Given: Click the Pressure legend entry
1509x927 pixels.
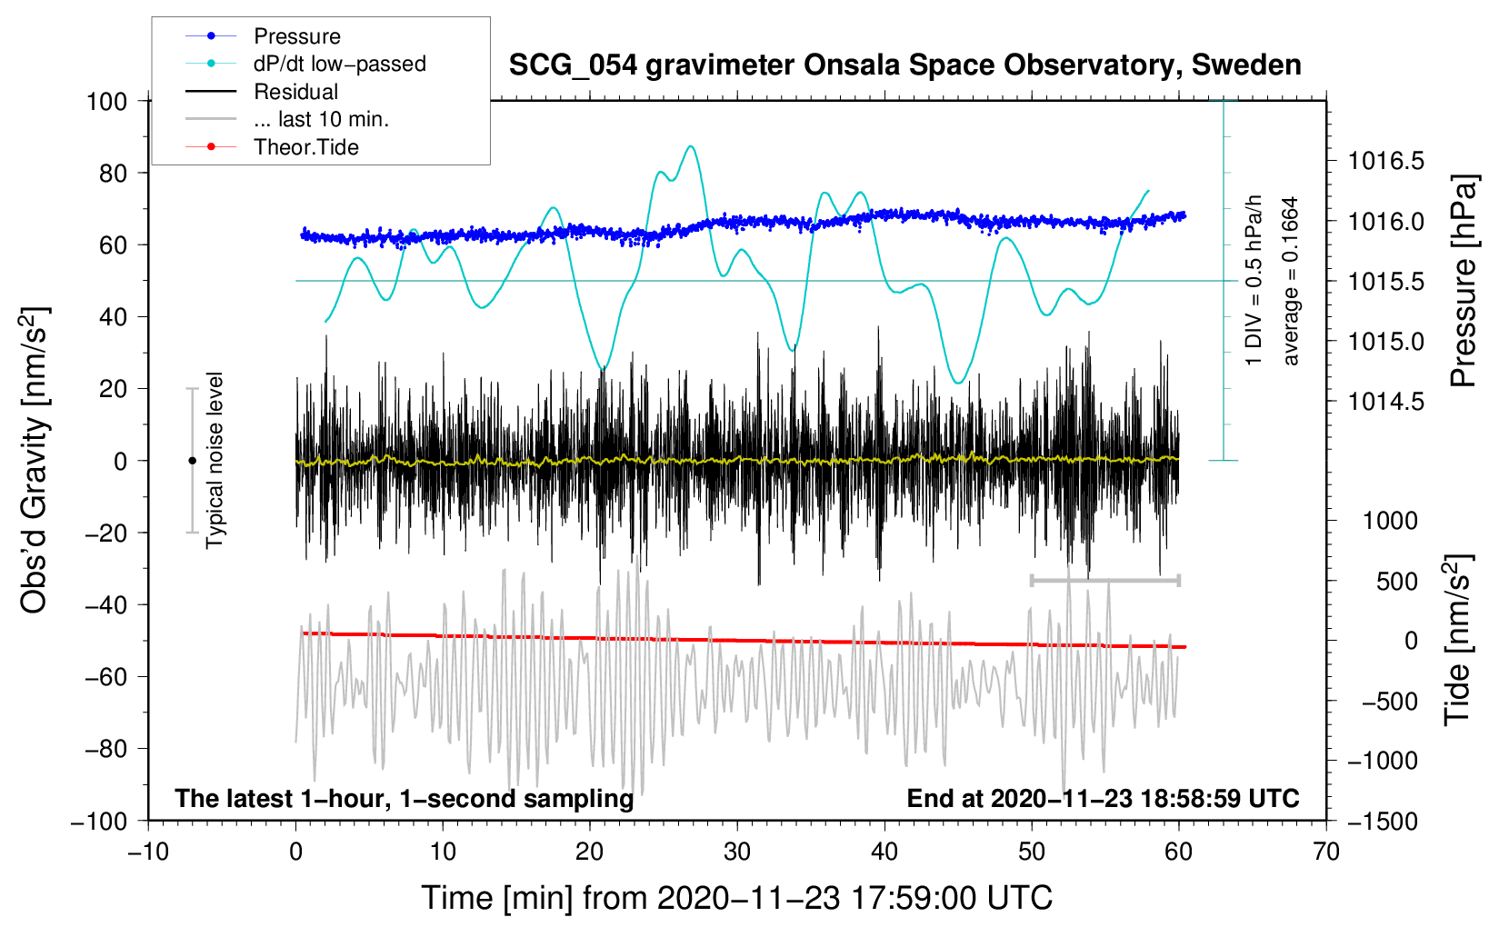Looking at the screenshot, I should pos(296,36).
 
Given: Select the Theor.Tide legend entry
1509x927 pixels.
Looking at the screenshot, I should pos(305,147).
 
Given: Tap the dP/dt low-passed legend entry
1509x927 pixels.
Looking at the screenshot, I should pos(339,64).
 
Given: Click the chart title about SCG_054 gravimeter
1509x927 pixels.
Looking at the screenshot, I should pos(904,65).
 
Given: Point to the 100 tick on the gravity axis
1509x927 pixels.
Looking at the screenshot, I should pos(107,101).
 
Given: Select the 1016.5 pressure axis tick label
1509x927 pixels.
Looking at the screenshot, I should pos(1385,162).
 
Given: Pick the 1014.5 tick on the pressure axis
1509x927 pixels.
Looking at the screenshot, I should pos(1385,402).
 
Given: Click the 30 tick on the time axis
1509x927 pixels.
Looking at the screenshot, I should pos(737,852).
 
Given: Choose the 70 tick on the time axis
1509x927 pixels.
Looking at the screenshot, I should pos(1326,852).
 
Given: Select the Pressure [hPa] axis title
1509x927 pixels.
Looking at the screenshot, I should pos(1463,281).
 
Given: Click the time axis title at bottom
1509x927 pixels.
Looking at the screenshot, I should pos(736,898).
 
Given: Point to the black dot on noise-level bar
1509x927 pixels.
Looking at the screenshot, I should pos(192,461).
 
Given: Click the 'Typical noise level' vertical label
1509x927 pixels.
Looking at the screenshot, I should pos(215,460).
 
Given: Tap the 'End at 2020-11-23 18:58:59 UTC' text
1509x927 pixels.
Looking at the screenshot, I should pos(1103,799).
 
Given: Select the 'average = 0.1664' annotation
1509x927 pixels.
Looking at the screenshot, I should pos(1291,281).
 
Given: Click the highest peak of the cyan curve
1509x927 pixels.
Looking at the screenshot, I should pos(692,146).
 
